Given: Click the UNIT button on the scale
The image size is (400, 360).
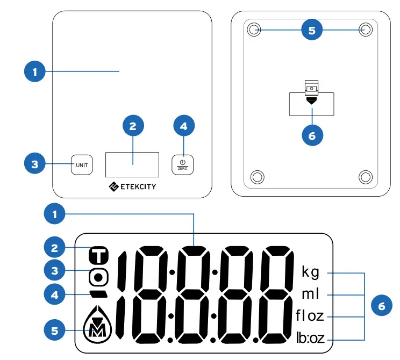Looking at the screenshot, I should pos(82,165).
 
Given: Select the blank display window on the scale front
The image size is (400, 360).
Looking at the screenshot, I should pos(132,164).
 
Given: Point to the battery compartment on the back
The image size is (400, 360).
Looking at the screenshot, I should pos(312,103).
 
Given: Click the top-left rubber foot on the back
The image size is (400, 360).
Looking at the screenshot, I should pos(254,30).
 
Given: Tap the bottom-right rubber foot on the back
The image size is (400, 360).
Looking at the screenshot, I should pos(366,176).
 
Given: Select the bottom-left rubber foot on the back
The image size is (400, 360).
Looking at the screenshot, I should pos(257,176).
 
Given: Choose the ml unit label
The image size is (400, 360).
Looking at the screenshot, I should pos(310,294).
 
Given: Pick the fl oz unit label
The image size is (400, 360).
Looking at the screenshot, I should pos(310,315).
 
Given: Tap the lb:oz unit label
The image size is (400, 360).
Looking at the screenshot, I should pos(310,338).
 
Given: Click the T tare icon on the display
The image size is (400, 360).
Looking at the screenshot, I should pos(99,254).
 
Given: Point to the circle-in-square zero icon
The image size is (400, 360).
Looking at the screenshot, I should pos(99,277).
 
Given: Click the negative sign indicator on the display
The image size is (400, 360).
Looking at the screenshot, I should pos(99,294).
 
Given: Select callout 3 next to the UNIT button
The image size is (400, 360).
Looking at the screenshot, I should pos(35,164).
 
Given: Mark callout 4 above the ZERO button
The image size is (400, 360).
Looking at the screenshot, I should pos(184,126).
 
